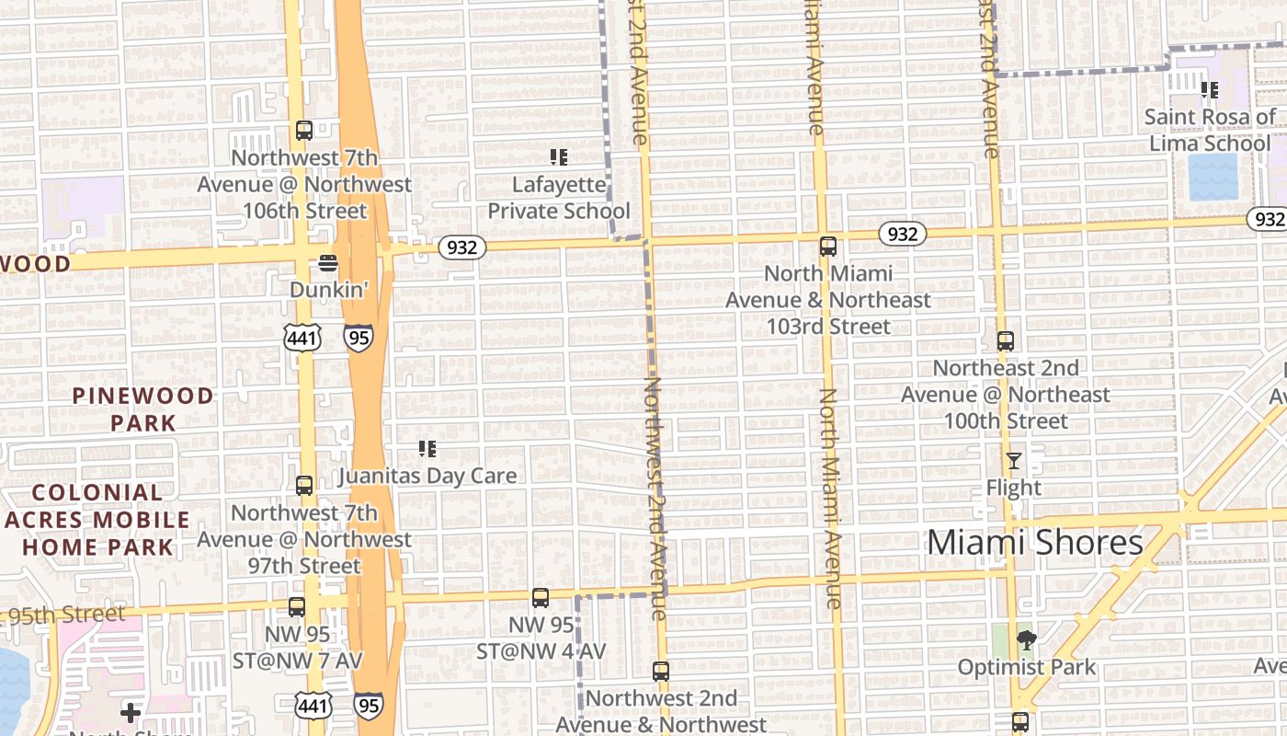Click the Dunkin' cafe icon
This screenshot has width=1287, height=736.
pos(328,263)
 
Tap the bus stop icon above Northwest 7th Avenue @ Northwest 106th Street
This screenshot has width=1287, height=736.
pos(303,131)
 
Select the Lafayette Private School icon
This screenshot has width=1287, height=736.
pos(558,157)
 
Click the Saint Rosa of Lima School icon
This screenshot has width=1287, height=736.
pos(1210,90)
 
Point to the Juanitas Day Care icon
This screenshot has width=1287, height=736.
pos(427,449)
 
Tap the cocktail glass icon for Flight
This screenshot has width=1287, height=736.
pos(1013,461)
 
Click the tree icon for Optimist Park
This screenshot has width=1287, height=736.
pos(1026,640)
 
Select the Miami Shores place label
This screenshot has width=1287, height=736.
pos(1034,543)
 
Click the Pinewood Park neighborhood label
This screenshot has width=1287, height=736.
pos(143,409)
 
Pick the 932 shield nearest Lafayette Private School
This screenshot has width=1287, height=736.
pos(461,247)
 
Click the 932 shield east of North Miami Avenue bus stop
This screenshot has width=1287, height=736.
pos(902,234)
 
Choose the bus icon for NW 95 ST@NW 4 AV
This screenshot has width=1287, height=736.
pos(541,598)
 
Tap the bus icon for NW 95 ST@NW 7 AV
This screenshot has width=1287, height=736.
pos(296,607)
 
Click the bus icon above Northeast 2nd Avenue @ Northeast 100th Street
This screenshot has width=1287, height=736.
pos(1005,341)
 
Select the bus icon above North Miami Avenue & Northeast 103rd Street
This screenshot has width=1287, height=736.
pos(827,247)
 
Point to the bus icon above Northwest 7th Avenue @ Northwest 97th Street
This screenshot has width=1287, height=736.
pos(303,486)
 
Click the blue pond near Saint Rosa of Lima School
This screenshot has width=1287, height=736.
pos(1213,177)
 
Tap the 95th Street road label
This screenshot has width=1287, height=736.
pos(66,615)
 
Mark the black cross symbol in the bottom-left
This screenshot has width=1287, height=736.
pos(131,712)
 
